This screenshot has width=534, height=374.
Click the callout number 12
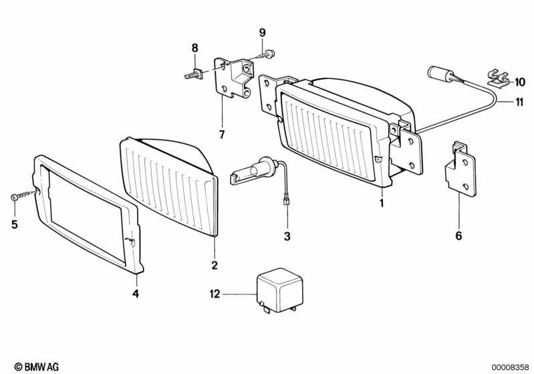[x=215, y=294]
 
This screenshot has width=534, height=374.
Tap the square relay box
[x=279, y=290]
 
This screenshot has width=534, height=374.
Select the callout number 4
[x=136, y=293]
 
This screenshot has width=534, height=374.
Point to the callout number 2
[x=215, y=265]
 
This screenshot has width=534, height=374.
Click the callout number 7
[x=222, y=134]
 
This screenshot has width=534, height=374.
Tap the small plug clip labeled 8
[x=194, y=74]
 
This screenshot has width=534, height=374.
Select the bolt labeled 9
[x=265, y=55]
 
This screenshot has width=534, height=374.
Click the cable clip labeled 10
[x=497, y=80]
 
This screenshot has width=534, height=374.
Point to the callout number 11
[x=519, y=102]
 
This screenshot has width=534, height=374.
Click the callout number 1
[x=382, y=203]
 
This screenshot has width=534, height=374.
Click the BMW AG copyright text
[x=37, y=367]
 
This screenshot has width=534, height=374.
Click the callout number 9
[x=262, y=33]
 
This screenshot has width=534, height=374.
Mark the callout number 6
[x=458, y=236]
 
